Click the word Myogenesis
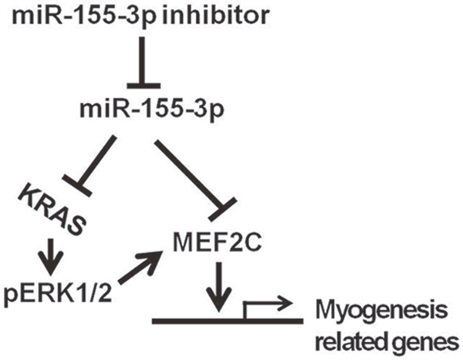(x=375, y=311)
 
